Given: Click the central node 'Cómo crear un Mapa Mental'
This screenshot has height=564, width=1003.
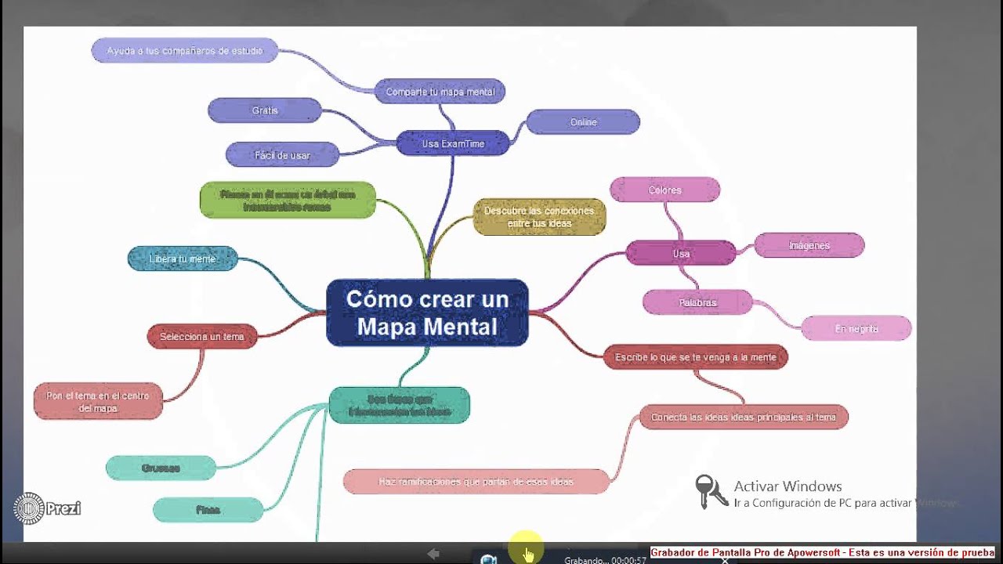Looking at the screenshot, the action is [427, 313].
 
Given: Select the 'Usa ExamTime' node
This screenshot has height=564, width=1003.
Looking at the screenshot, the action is [453, 143].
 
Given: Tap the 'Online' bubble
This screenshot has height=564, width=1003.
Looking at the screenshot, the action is [583, 122].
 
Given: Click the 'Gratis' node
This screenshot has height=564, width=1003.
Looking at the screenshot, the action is [265, 110].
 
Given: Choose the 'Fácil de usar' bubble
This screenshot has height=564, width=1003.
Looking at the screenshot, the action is [282, 155].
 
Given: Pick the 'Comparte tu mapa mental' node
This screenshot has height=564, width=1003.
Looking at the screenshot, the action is [440, 92].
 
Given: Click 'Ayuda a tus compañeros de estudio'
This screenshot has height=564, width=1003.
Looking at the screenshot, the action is [185, 51].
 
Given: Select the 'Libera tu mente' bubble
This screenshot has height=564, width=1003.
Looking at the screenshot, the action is [183, 258].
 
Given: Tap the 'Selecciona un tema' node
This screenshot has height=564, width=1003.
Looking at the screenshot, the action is [202, 337].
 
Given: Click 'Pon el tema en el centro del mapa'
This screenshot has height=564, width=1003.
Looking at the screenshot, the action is [98, 402].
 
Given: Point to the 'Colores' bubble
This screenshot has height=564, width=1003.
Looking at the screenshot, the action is [664, 190].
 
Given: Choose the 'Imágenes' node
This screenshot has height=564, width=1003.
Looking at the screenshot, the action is [809, 245].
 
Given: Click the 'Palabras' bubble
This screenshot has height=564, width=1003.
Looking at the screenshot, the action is [697, 302].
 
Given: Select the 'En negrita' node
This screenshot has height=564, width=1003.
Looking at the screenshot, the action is [856, 329].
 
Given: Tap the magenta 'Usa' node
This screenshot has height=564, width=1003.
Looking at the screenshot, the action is [681, 254].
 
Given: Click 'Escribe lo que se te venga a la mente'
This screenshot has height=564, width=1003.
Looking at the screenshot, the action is [695, 357].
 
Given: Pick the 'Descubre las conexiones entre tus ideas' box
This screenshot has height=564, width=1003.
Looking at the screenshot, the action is [539, 217].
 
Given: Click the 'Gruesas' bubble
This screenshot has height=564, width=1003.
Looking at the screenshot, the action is [161, 468].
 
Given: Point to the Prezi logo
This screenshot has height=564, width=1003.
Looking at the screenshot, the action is [46, 508].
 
